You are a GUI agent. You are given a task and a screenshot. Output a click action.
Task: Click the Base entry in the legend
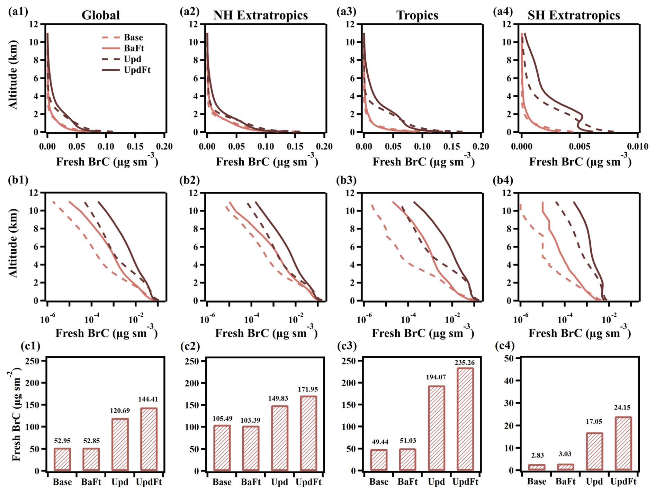133,37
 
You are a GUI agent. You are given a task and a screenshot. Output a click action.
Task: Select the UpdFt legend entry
137,70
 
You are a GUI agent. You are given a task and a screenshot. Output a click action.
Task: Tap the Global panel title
101,15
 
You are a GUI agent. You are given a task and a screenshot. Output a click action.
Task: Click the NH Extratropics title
260,15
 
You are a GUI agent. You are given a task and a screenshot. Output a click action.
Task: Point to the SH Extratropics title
574,15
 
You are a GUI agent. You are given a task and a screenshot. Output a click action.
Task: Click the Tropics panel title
417,15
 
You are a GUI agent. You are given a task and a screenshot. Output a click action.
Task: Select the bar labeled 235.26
465,419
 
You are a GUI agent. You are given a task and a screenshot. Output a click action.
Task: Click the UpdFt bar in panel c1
149,439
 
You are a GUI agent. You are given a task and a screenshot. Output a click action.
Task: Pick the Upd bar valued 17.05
594,451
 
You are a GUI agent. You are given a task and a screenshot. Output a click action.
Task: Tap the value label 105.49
222,419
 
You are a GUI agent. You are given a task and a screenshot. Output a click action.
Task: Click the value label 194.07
436,377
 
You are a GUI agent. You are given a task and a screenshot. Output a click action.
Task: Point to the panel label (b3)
346,180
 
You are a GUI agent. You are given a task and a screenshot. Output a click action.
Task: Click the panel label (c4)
505,345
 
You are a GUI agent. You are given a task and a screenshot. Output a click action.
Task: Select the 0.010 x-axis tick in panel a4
637,146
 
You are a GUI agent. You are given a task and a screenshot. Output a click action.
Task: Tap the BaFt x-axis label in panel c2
251,482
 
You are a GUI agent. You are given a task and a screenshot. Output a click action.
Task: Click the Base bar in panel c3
379,460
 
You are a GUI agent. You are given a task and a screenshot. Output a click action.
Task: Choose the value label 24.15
622,407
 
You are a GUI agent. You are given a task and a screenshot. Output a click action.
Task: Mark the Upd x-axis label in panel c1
120,482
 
